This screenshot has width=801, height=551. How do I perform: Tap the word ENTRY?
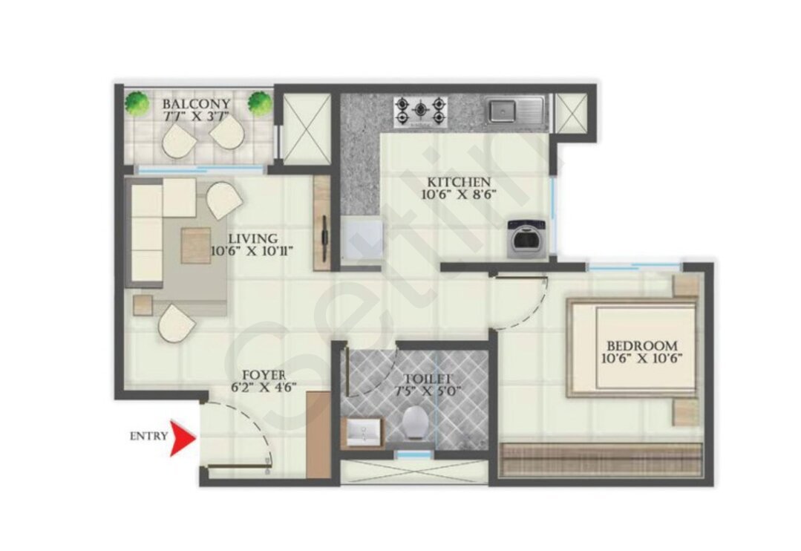[148, 436]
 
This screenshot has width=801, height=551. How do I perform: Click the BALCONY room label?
[196, 104]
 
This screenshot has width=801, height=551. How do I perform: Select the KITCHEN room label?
[459, 182]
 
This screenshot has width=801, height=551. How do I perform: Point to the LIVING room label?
[253, 238]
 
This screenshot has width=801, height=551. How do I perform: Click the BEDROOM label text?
[643, 346]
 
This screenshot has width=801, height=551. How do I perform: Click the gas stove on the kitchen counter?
[420, 112]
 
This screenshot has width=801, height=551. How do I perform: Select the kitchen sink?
[514, 111]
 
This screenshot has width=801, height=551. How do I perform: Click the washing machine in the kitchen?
[527, 238]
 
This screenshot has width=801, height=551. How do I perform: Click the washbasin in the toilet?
[363, 432]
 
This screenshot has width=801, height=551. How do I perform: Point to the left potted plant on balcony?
[137, 103]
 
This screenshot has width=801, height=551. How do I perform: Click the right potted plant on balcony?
[260, 103]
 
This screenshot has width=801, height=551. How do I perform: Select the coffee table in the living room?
[196, 245]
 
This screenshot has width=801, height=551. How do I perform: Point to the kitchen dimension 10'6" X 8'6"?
[459, 195]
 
